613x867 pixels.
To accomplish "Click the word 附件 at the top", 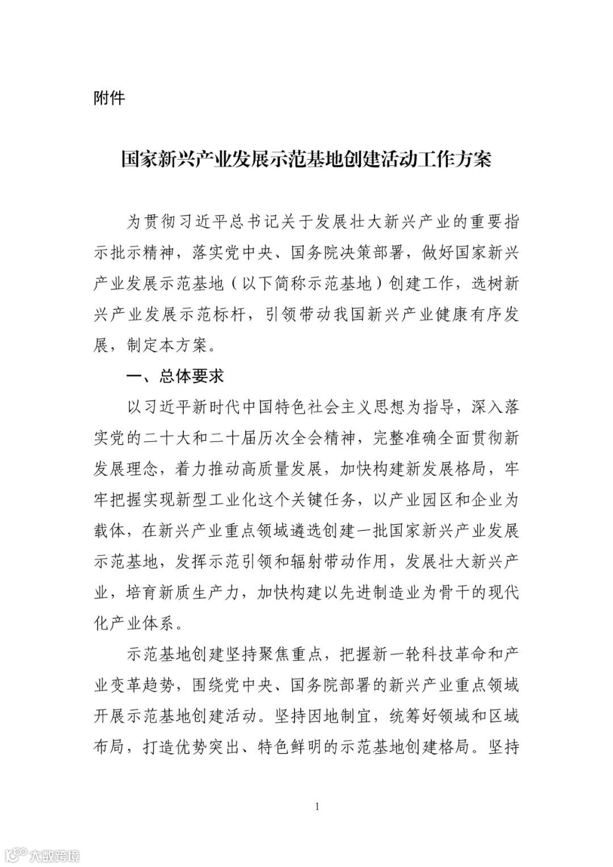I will (x=109, y=98).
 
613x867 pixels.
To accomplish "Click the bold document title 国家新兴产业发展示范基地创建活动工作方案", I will (x=306, y=160).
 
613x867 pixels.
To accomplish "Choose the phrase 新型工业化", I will (x=263, y=500).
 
